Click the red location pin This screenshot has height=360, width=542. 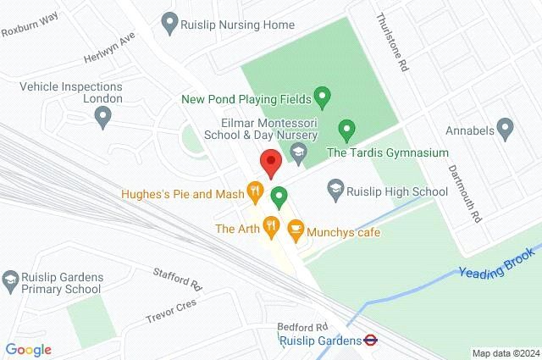[270, 162]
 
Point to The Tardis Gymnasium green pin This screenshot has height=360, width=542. [346, 130]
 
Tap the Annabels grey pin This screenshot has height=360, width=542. [506, 129]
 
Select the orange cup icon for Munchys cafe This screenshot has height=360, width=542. [296, 229]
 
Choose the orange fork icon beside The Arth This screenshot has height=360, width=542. [270, 225]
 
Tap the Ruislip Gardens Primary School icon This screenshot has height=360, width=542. [10, 279]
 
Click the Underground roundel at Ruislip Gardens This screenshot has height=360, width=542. [370, 341]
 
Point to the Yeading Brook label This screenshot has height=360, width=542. [497, 263]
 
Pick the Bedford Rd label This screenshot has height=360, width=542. [302, 326]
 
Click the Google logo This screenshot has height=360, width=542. [28, 349]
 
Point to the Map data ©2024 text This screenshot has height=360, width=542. [505, 352]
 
